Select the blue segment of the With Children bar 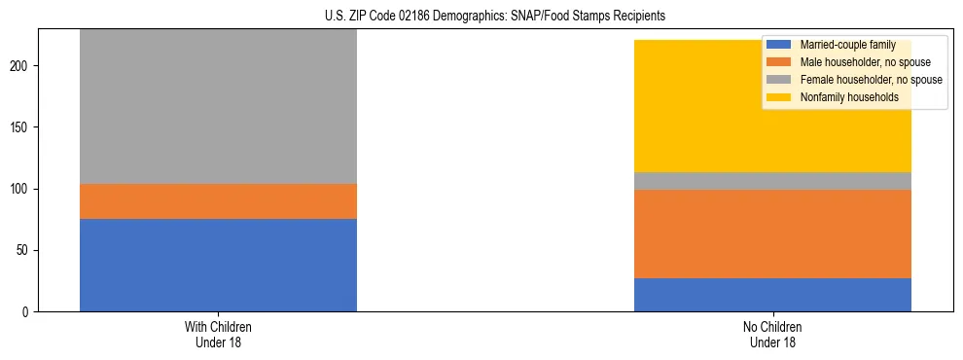[x=218, y=265]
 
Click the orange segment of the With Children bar [x=218, y=201]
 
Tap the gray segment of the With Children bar [x=218, y=107]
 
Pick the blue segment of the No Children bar [x=772, y=295]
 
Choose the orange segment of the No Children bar [x=772, y=234]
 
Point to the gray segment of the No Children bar [x=772, y=181]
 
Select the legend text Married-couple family [x=847, y=45]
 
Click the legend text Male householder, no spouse [x=860, y=62]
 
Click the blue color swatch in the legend [x=779, y=45]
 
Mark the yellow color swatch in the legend [x=779, y=97]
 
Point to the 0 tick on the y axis [x=28, y=312]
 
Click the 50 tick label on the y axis [x=25, y=250]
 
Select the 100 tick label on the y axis [x=22, y=189]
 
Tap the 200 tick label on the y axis [x=22, y=66]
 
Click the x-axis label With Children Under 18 [x=218, y=334]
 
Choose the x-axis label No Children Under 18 [x=772, y=334]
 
